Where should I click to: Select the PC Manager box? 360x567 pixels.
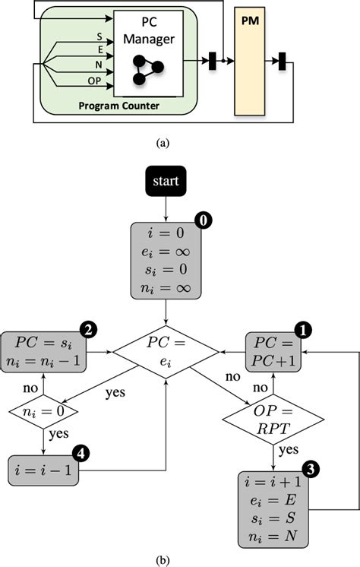(147, 53)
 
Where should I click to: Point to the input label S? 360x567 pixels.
(99, 36)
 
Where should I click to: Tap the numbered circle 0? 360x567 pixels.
(203, 220)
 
